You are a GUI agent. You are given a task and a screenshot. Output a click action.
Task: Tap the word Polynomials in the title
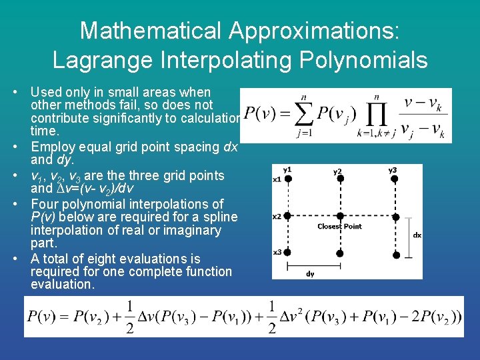click(x=361, y=60)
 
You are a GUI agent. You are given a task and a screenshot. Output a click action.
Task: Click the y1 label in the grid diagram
click(x=287, y=169)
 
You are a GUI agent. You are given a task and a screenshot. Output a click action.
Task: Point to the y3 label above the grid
click(x=393, y=169)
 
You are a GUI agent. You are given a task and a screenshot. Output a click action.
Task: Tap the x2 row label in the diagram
click(x=277, y=216)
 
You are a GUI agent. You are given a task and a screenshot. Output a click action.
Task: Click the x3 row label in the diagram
click(x=277, y=251)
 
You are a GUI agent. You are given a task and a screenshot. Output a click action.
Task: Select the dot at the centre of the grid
click(x=340, y=216)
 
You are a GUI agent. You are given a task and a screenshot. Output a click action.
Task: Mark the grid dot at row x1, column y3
click(x=393, y=179)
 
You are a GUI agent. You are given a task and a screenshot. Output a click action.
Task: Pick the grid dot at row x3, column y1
click(x=287, y=253)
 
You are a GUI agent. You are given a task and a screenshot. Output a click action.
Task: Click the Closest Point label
click(x=339, y=227)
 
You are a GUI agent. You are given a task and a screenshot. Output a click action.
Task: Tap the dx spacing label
click(x=417, y=235)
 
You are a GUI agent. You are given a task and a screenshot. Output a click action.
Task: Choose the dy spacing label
click(x=310, y=273)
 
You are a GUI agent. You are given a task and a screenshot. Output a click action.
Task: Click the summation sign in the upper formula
click(x=306, y=115)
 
